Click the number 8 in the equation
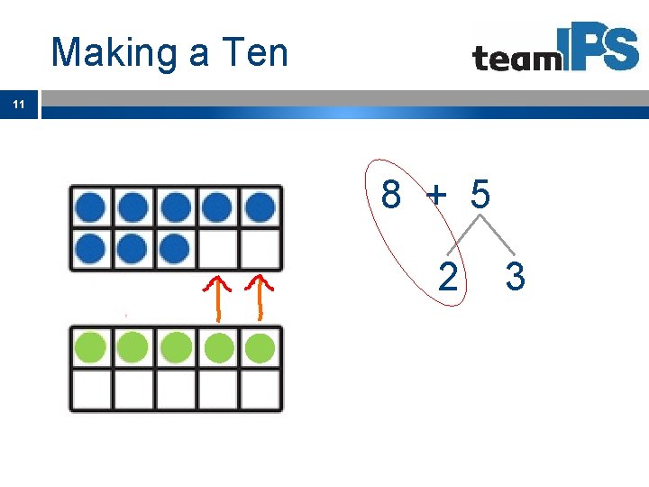tap(391, 194)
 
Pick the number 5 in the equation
tap(480, 194)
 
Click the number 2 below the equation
tap(447, 277)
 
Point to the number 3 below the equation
tap(515, 277)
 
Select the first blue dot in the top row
tap(90, 207)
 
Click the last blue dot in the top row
tap(260, 207)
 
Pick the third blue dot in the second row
tap(175, 248)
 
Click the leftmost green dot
tap(90, 346)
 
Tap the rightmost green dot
tap(260, 346)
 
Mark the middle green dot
tap(175, 346)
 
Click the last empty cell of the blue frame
tap(261, 249)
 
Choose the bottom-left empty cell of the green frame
tap(90, 389)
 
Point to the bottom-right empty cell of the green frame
tap(261, 389)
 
